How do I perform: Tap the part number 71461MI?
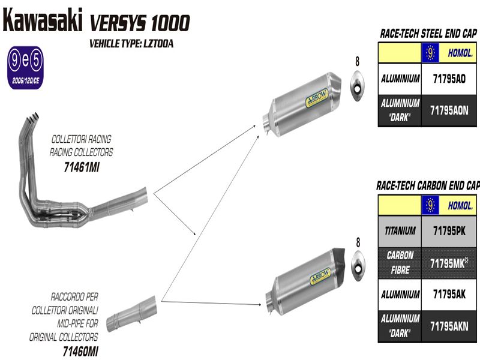[81, 167]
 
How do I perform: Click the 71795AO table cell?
[448, 78]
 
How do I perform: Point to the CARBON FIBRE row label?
[400, 263]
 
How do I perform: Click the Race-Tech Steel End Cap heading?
[428, 34]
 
